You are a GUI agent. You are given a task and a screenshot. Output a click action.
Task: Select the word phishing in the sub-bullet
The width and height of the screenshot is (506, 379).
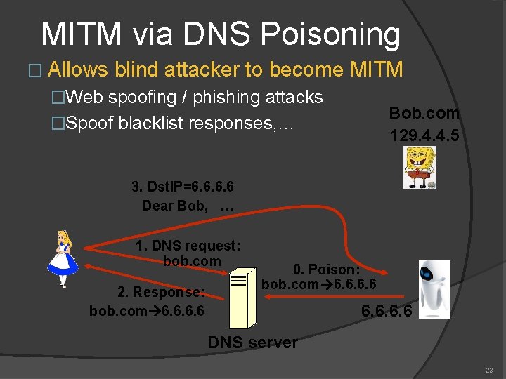pyautogui.click(x=220, y=97)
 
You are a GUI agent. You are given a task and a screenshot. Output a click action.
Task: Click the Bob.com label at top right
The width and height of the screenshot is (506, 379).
pyautogui.click(x=424, y=113)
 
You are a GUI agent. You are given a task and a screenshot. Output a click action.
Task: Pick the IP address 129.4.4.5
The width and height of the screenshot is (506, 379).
pyautogui.click(x=424, y=135)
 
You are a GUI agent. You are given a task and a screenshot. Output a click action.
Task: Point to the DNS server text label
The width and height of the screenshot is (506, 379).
pyautogui.click(x=252, y=343)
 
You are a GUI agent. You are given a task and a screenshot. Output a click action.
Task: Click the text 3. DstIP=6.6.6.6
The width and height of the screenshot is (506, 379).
pyautogui.click(x=183, y=187)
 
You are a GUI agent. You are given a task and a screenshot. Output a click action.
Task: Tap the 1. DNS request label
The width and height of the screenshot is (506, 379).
pyautogui.click(x=188, y=246)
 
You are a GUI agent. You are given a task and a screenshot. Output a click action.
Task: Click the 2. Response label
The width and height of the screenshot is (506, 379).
pyautogui.click(x=161, y=292)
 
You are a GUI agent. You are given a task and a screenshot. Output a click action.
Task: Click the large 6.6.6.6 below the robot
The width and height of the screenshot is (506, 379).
pyautogui.click(x=386, y=310)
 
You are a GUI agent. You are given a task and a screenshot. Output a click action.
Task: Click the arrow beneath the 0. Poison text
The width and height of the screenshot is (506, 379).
pyautogui.click(x=316, y=297)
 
